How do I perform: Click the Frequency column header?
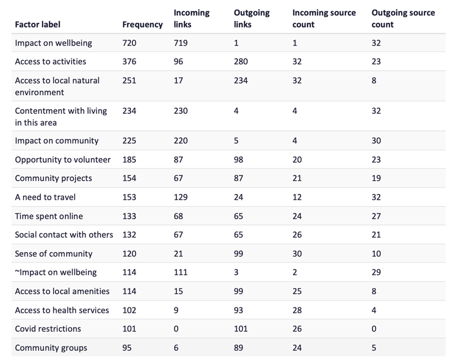pyautogui.click(x=142, y=24)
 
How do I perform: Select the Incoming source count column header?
pyautogui.click(x=323, y=19)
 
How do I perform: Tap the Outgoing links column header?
pyautogui.click(x=251, y=19)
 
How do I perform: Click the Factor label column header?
pyautogui.click(x=38, y=24)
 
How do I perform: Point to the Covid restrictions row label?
pyautogui.click(x=48, y=329)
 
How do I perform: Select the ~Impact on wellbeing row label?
pyautogui.click(x=56, y=272)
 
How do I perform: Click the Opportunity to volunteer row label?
pyautogui.click(x=63, y=160)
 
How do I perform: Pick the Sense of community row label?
pyautogui.click(x=53, y=254)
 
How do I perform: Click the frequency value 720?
pyautogui.click(x=129, y=43)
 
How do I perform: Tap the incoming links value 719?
pyautogui.click(x=181, y=43)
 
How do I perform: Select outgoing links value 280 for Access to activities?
pyautogui.click(x=241, y=62)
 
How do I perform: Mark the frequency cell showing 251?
pyautogui.click(x=129, y=80)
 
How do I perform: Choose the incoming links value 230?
pyautogui.click(x=181, y=111)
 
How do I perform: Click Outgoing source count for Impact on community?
pyautogui.click(x=376, y=141)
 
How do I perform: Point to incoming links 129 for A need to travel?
pyautogui.click(x=181, y=197)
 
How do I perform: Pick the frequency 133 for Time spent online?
pyautogui.click(x=129, y=216)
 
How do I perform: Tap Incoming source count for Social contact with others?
pyautogui.click(x=297, y=235)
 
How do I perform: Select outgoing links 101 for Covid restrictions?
pyautogui.click(x=241, y=329)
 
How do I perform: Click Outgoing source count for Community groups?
pyautogui.click(x=374, y=348)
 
